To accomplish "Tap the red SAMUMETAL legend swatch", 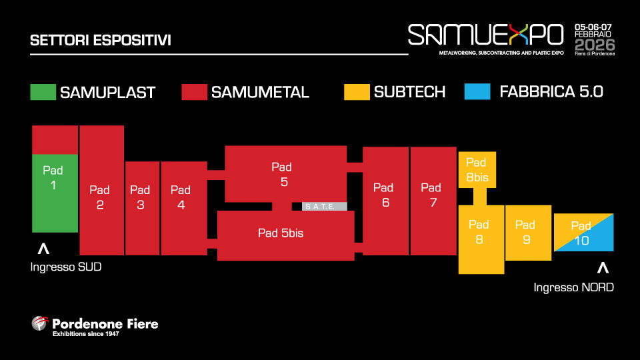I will (194, 91).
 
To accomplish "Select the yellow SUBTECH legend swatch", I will (357, 91).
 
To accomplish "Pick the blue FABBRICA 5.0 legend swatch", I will (477, 91).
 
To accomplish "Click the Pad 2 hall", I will (101, 197).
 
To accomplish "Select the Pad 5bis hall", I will (285, 233).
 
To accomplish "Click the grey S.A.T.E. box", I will (325, 206).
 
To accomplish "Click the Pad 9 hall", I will (527, 232).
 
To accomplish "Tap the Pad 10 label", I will (581, 233).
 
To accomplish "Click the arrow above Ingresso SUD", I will (43, 249).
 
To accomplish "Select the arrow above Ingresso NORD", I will (603, 268).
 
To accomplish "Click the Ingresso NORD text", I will (573, 287).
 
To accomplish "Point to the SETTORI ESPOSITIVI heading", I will (101, 40).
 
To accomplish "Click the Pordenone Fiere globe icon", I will (41, 324).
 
